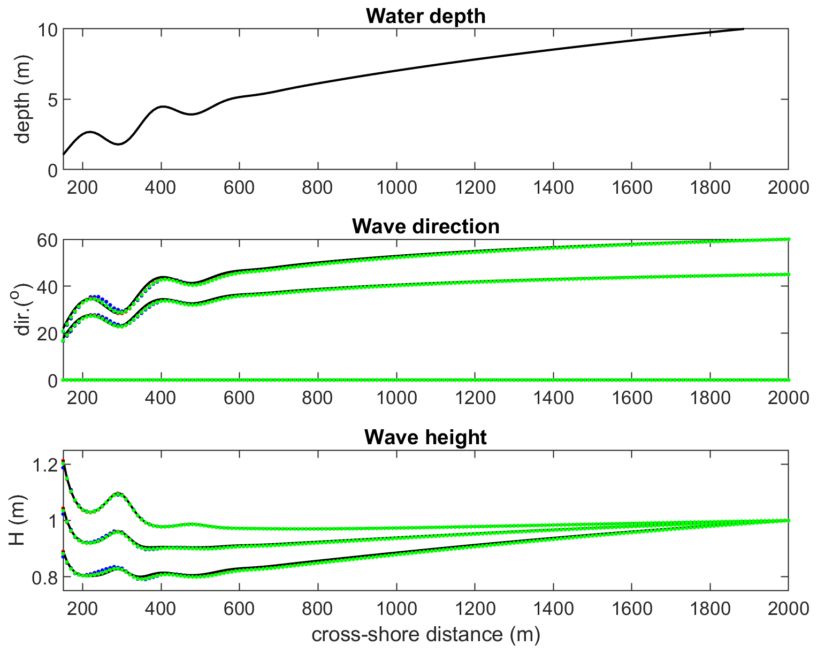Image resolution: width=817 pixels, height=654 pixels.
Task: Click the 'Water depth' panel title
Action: tap(425, 16)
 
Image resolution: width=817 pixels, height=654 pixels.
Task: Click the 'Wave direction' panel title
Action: tap(425, 226)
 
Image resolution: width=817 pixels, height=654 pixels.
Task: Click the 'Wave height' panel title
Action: tap(425, 437)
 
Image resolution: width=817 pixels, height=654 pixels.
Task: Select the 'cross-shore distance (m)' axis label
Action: tap(425, 635)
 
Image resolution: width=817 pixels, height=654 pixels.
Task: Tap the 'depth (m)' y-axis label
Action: tap(22, 100)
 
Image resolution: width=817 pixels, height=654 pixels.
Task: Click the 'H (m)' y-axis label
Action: tap(17, 521)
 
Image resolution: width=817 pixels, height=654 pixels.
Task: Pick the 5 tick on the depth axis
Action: tap(52, 100)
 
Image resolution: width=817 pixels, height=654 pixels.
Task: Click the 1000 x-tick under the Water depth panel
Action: tap(396, 188)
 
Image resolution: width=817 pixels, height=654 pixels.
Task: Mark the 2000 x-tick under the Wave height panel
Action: tap(788, 609)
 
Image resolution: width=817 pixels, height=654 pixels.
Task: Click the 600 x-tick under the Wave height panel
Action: tap(239, 609)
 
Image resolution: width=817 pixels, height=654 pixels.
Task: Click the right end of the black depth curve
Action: tap(743, 29)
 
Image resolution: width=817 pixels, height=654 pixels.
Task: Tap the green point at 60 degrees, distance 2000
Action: tap(788, 239)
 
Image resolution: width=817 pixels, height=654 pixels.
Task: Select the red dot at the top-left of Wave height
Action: tap(63, 460)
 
